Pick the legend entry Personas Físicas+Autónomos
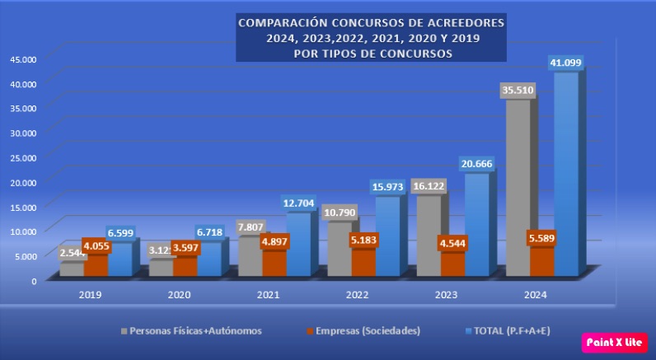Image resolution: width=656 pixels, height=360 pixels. coord(191,330)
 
